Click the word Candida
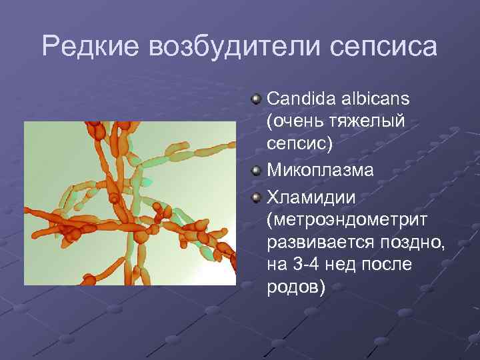coord(299,99)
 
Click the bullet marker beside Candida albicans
coord(256,99)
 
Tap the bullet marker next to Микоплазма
coord(256,171)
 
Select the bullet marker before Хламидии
coord(256,195)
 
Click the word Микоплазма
coord(320,171)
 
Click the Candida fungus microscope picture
coord(130,203)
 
